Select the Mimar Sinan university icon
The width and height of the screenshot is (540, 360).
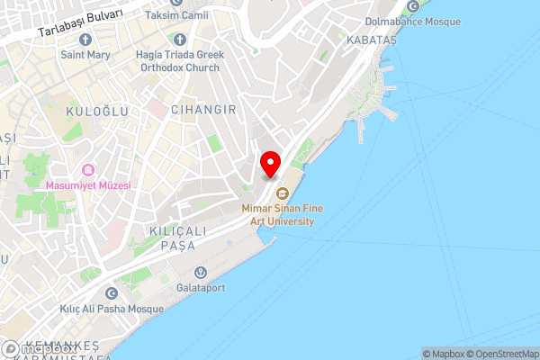[x=281, y=193]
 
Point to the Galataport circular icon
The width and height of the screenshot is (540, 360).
[x=200, y=272]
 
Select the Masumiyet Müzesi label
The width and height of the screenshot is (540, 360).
[x=88, y=185]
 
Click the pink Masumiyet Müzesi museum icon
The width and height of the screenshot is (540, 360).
[x=88, y=169]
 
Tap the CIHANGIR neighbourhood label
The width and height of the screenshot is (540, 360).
[x=209, y=109]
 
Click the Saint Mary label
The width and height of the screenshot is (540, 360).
[x=85, y=55]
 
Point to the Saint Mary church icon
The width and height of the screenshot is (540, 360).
[x=85, y=40]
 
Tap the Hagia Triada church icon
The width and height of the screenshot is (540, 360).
[x=179, y=40]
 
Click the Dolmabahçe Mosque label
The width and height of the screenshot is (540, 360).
[x=413, y=22]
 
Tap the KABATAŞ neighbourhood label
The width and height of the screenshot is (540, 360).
[x=369, y=40]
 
